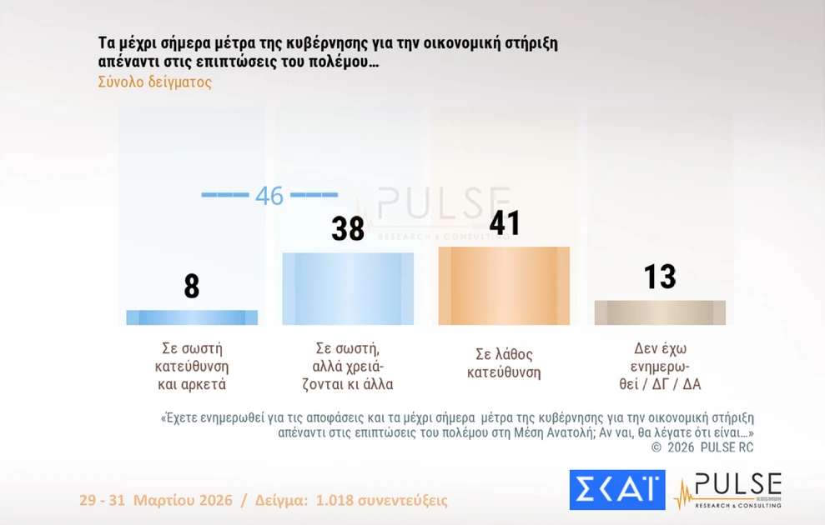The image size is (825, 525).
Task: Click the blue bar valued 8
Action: [x=192, y=317]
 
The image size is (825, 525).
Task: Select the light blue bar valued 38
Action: [x=348, y=288]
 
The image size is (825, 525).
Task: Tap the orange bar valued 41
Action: [x=504, y=286]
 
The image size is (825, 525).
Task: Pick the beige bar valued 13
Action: [x=660, y=312]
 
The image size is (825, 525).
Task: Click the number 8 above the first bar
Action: [x=192, y=286]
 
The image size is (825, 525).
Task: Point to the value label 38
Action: [x=348, y=229]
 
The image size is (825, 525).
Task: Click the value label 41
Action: [x=504, y=222]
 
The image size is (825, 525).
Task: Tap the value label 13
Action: [x=660, y=277]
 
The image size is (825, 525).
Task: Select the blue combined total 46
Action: [x=269, y=196]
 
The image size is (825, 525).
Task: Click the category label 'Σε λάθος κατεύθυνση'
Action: [x=504, y=363]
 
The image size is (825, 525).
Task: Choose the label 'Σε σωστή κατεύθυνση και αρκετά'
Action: [x=192, y=366]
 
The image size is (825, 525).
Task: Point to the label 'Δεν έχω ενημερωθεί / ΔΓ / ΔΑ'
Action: [x=660, y=366]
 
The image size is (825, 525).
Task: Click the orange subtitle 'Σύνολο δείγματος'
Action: [x=154, y=82]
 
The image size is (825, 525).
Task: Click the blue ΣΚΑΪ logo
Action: [x=617, y=490]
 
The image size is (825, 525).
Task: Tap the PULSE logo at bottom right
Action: [x=728, y=490]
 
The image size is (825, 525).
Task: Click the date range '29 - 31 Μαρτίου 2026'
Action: [x=155, y=501]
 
